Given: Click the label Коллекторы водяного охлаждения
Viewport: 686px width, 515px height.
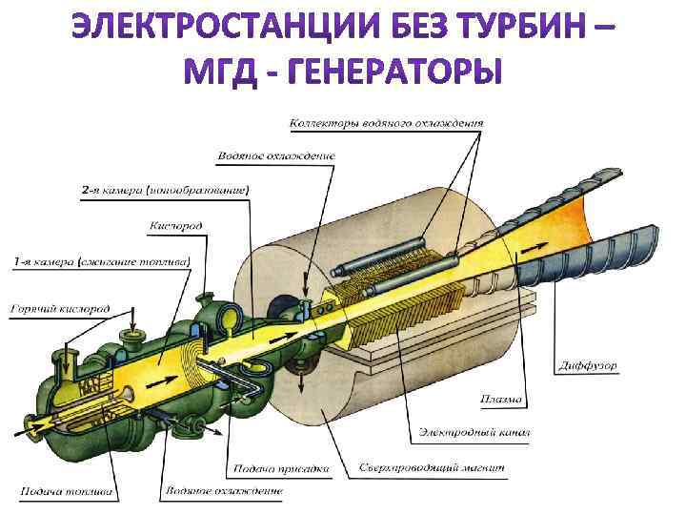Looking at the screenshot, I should [x=386, y=123].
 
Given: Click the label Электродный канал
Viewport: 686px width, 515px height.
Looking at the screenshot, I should [x=474, y=433].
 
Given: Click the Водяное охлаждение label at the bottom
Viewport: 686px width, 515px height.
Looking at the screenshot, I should [x=224, y=491].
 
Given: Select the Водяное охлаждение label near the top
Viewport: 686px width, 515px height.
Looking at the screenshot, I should [x=276, y=154].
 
